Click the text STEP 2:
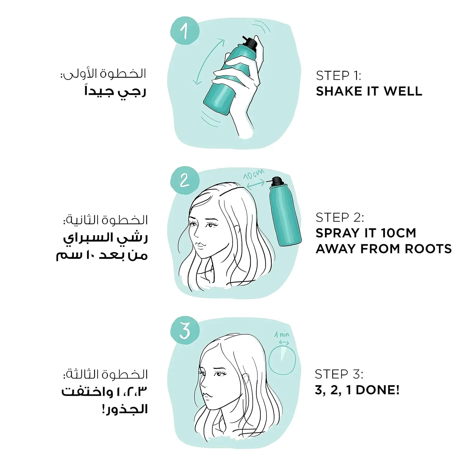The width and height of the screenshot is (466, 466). point(340,218)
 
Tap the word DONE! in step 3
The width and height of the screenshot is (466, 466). point(377,390)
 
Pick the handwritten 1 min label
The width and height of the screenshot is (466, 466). point(281,335)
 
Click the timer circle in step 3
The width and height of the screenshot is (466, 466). point(281,360)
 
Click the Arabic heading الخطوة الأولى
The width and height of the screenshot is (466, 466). point(104,74)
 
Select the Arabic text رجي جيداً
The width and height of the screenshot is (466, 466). point(115,91)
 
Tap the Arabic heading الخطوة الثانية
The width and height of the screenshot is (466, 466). point(106,220)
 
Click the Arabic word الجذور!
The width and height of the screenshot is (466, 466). point(124,409)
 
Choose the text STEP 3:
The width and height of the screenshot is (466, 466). point(339,374)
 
